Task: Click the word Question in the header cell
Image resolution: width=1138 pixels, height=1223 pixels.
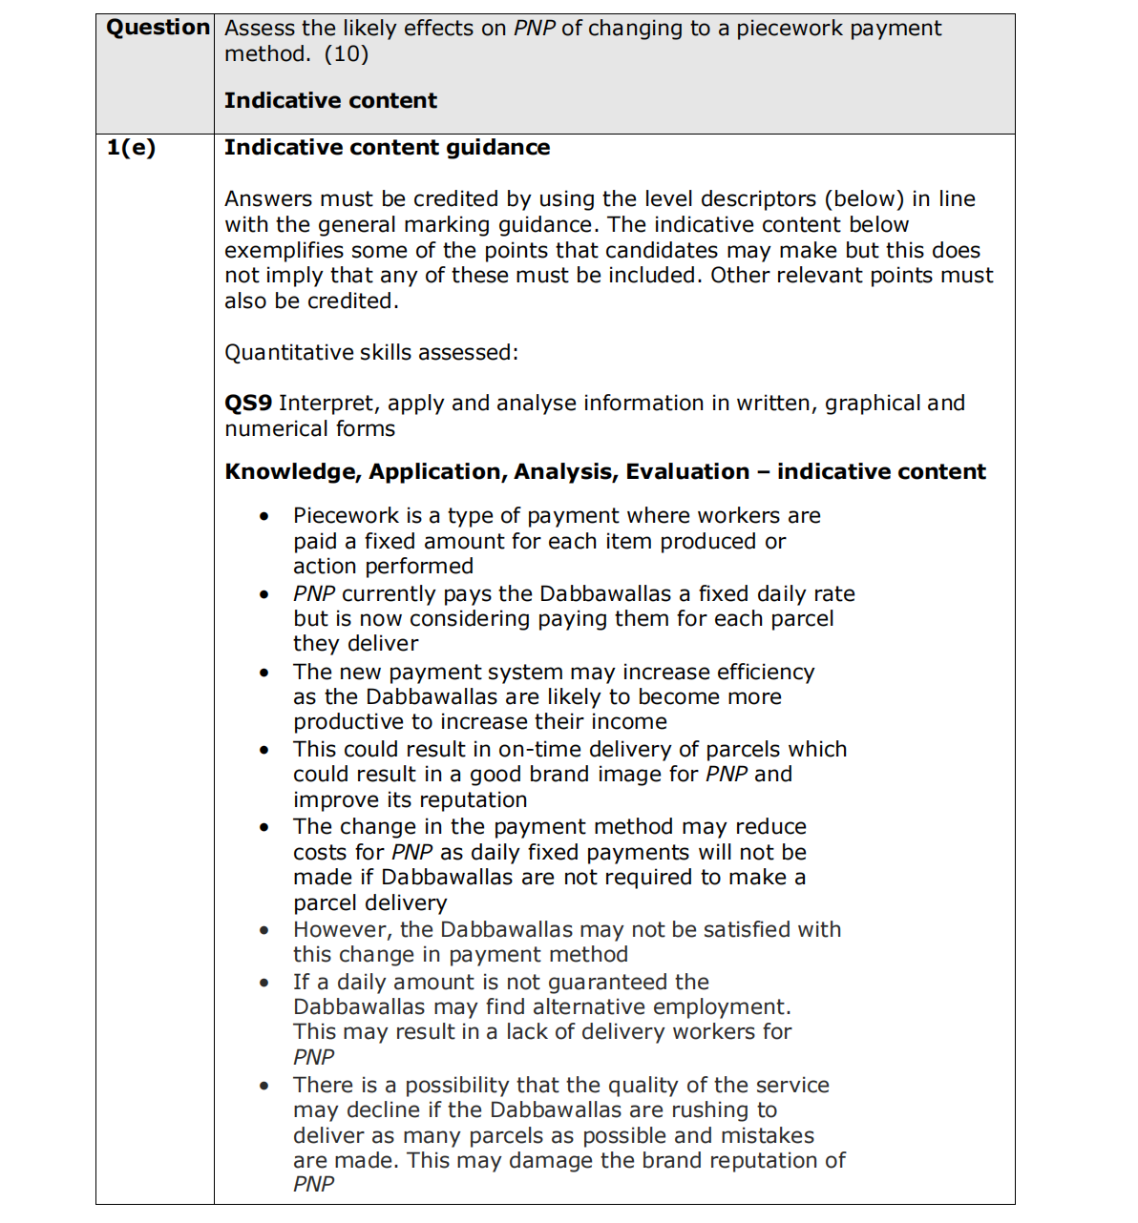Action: tap(158, 28)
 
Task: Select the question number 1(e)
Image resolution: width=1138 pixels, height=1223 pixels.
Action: tap(131, 147)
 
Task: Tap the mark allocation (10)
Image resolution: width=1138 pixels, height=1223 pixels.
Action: tap(347, 53)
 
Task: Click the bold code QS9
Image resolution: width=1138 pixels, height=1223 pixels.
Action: tap(248, 403)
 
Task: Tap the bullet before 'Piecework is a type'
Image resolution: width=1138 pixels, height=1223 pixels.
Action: tap(264, 516)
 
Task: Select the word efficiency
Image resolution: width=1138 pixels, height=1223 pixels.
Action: tap(766, 672)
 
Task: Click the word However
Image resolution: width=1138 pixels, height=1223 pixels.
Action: tap(339, 930)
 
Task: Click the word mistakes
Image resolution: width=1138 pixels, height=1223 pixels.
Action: tap(769, 1135)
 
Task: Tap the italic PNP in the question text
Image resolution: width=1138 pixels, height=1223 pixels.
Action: tap(534, 29)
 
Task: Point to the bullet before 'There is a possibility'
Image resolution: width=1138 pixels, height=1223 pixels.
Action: tap(264, 1086)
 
